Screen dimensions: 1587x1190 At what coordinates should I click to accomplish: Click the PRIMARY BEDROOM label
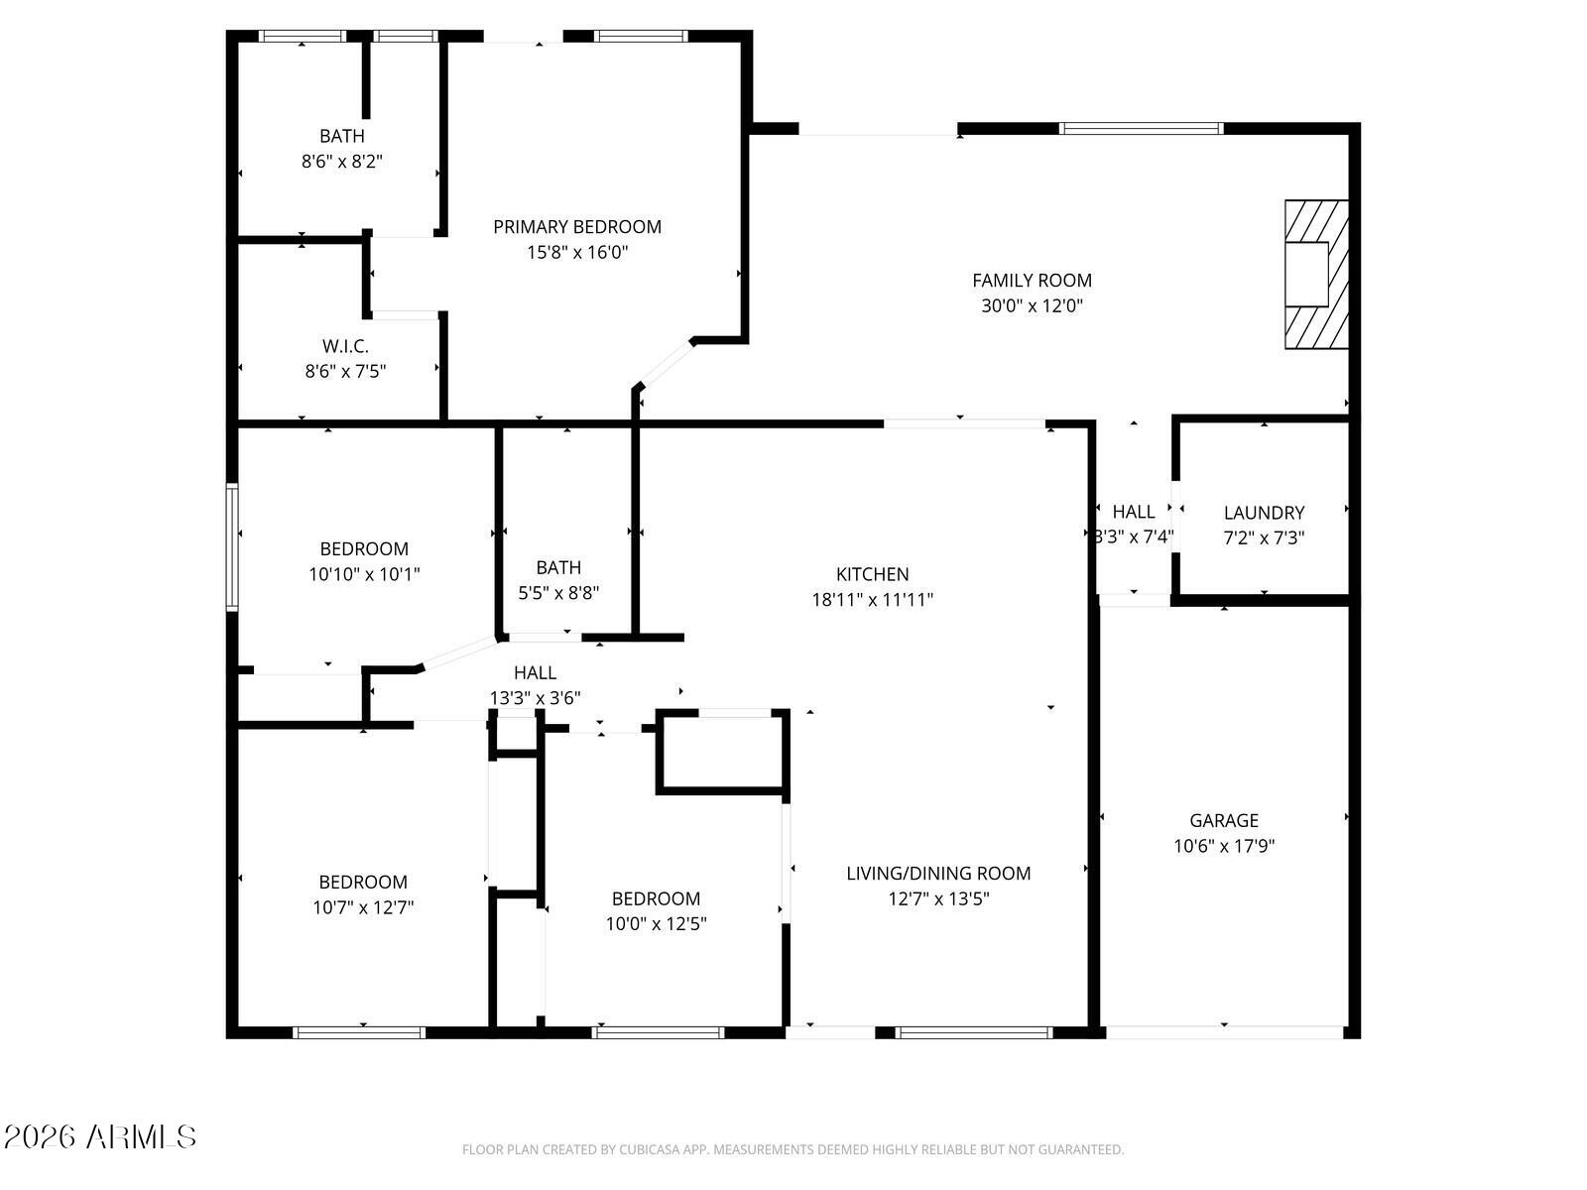(577, 227)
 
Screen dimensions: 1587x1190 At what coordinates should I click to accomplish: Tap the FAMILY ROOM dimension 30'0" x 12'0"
(1032, 305)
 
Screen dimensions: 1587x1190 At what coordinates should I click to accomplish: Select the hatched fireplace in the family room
(1316, 275)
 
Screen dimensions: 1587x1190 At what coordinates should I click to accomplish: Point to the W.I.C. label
(345, 346)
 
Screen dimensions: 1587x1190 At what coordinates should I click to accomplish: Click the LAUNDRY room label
(1264, 513)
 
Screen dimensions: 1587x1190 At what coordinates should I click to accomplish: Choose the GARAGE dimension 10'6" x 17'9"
(1224, 846)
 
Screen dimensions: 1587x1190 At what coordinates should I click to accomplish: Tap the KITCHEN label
(873, 574)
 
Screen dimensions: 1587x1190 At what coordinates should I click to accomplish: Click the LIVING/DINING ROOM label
(938, 874)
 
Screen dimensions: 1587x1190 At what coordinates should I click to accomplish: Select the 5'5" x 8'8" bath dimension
(558, 593)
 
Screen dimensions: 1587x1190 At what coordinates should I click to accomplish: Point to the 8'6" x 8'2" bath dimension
(342, 161)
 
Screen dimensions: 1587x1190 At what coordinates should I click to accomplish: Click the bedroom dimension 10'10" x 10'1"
(364, 574)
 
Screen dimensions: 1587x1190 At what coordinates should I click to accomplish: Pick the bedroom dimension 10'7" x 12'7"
(363, 907)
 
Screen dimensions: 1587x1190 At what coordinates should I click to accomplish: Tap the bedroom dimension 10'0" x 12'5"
(656, 924)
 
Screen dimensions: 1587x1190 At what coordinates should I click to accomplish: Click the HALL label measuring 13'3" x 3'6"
(535, 672)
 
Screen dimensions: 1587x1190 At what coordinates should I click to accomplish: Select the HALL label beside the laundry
(1134, 512)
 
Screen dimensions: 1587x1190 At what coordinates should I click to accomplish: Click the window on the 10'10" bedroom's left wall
(232, 547)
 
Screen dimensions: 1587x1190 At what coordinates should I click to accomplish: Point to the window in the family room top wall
(1142, 129)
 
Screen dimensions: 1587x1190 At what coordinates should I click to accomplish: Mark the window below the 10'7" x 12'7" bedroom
(359, 1032)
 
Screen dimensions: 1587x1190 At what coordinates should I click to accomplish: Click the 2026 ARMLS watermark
(100, 1136)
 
